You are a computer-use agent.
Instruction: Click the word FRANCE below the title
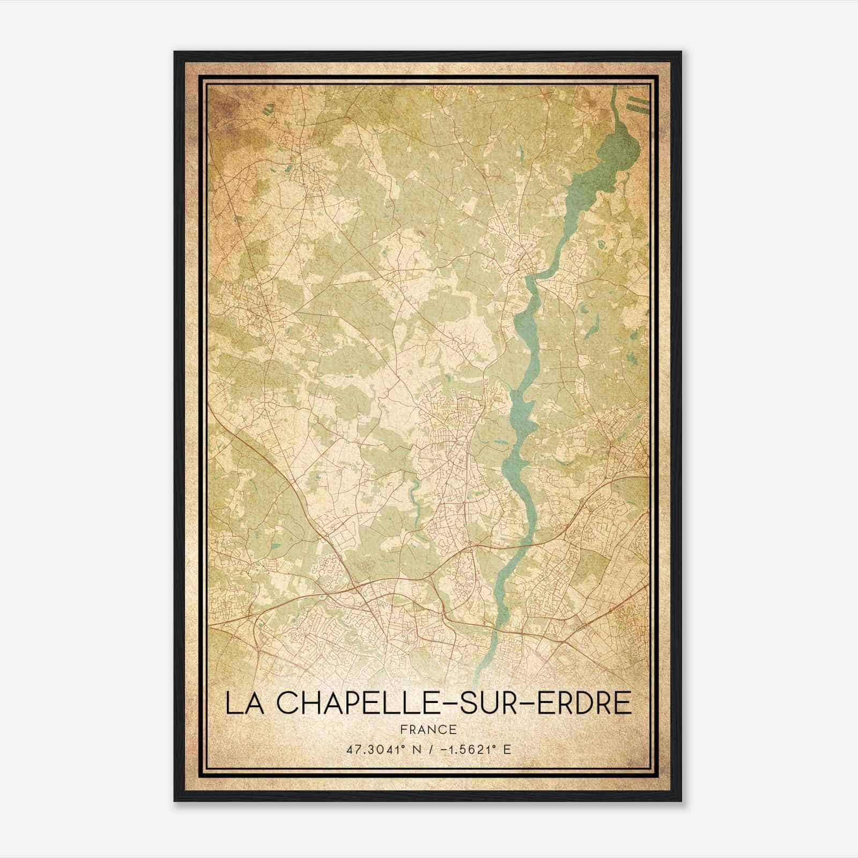pos(428,730)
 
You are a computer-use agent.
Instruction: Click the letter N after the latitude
pos(412,750)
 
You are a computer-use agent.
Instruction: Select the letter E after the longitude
pos(507,750)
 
